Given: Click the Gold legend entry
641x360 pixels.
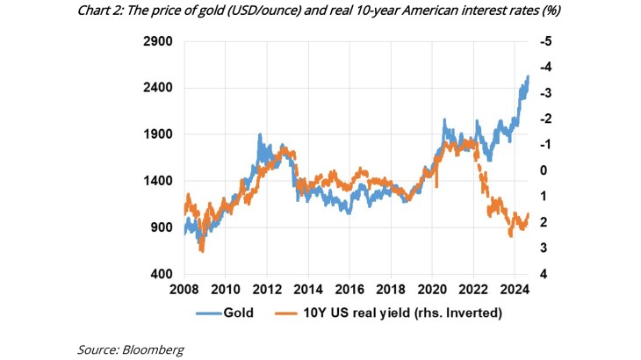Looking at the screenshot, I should click(x=239, y=312).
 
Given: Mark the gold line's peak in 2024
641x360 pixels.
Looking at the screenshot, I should click(x=528, y=76).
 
